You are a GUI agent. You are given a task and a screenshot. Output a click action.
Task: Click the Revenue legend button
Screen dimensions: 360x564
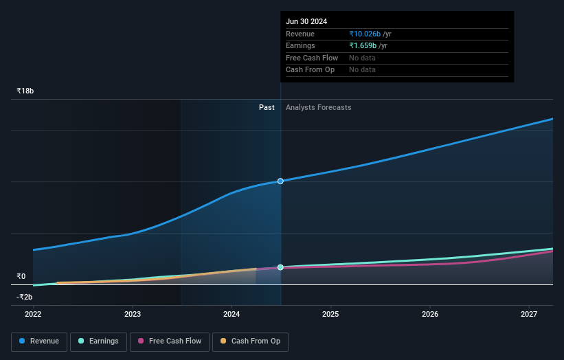pyautogui.click(x=39, y=341)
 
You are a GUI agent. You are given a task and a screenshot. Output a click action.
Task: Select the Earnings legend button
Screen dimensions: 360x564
pyautogui.click(x=98, y=341)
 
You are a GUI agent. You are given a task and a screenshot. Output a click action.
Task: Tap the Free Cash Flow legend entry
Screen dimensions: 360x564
pyautogui.click(x=169, y=341)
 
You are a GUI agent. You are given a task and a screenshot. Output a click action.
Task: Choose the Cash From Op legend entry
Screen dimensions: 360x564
pyautogui.click(x=250, y=341)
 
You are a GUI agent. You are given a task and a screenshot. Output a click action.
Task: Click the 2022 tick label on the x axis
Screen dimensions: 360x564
pyautogui.click(x=33, y=315)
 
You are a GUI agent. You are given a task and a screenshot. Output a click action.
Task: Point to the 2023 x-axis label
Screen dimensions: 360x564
pyautogui.click(x=133, y=315)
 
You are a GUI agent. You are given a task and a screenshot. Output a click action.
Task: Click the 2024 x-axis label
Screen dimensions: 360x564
pyautogui.click(x=232, y=315)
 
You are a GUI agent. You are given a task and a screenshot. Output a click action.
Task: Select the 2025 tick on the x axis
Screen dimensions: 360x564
pyautogui.click(x=331, y=315)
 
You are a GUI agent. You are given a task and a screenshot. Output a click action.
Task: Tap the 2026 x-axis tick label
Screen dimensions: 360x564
pyautogui.click(x=430, y=315)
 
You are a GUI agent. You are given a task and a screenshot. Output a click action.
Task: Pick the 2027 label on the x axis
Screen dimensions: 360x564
pyautogui.click(x=529, y=315)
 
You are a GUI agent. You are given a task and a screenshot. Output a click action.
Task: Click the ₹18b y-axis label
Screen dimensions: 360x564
pyautogui.click(x=25, y=91)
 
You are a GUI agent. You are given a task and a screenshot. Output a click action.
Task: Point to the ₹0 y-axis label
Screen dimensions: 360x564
pyautogui.click(x=21, y=276)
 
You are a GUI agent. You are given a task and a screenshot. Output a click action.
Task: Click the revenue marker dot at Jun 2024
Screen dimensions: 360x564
pyautogui.click(x=280, y=181)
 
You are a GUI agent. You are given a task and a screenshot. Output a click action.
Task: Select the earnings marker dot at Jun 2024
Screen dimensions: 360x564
pyautogui.click(x=280, y=267)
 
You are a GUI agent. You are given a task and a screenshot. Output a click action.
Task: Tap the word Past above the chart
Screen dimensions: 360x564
pyautogui.click(x=267, y=107)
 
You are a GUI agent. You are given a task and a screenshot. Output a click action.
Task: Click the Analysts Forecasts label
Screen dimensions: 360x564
pyautogui.click(x=318, y=107)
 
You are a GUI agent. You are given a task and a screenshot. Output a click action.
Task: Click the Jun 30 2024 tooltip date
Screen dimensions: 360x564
pyautogui.click(x=306, y=21)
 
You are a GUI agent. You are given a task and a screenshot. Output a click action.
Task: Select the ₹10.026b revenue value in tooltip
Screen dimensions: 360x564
pyautogui.click(x=364, y=34)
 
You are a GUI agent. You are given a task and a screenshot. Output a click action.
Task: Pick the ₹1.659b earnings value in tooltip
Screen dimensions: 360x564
pyautogui.click(x=363, y=46)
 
